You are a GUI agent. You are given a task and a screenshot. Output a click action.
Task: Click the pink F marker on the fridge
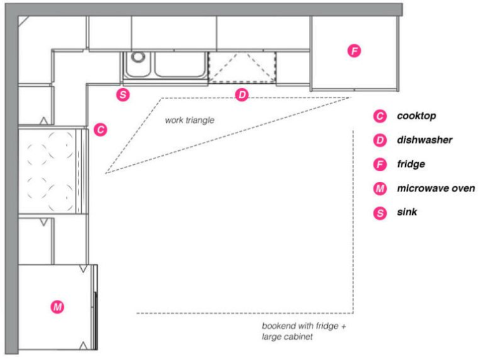click(354, 50)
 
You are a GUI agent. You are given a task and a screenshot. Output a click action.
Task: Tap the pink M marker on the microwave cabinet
click(58, 307)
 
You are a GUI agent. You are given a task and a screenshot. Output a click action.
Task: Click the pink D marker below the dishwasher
click(242, 95)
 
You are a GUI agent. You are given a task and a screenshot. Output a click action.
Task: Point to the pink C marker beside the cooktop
click(100, 130)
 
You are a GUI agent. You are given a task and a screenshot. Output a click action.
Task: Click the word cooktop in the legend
click(417, 116)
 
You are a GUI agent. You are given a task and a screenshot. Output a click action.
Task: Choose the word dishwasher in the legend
click(424, 140)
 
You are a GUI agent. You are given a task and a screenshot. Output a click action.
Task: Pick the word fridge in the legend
click(410, 164)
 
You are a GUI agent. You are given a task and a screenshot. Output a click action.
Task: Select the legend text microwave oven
click(435, 188)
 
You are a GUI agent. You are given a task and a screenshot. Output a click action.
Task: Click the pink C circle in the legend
click(380, 117)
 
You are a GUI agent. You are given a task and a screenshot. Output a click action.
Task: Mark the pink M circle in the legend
click(380, 188)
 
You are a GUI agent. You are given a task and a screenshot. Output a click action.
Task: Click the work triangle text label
click(190, 119)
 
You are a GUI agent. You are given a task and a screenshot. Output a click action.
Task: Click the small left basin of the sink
click(136, 65)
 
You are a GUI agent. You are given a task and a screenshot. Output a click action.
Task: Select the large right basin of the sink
click(179, 65)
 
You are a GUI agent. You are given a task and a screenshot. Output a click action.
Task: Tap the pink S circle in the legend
click(380, 212)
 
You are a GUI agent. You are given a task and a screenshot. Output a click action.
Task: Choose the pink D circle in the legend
click(380, 140)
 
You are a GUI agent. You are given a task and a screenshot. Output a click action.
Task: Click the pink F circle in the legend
click(380, 164)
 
